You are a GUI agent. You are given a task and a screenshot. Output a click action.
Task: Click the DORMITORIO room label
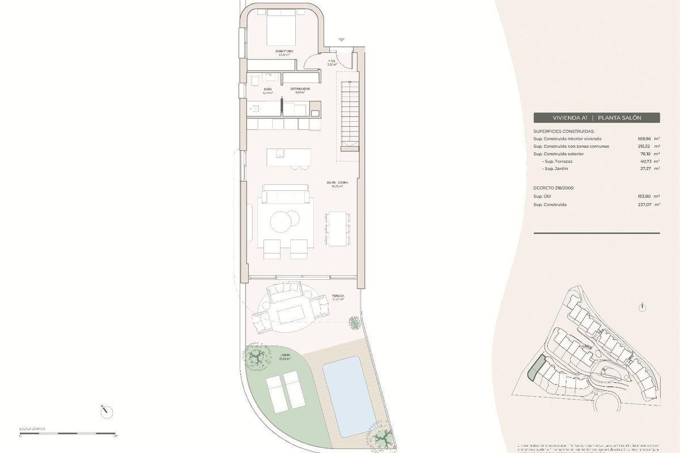point(284,52)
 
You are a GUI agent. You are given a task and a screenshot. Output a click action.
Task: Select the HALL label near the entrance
point(332,61)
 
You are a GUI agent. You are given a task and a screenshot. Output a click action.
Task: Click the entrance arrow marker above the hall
point(341,40)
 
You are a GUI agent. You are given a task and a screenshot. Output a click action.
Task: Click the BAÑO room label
point(267,89)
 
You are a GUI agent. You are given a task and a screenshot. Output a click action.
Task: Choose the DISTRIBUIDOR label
point(300,89)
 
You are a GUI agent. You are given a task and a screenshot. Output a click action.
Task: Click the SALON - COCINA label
point(337,183)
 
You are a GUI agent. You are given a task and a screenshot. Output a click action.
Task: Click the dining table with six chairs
point(337,228)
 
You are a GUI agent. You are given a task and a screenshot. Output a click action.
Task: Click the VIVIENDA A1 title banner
point(597,118)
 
